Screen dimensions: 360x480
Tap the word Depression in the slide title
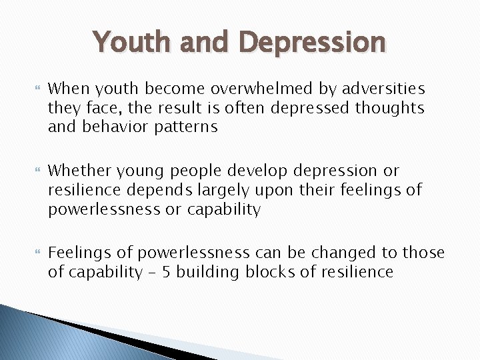point(313,42)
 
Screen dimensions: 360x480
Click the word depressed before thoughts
point(310,108)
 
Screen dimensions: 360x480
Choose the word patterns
point(187,127)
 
